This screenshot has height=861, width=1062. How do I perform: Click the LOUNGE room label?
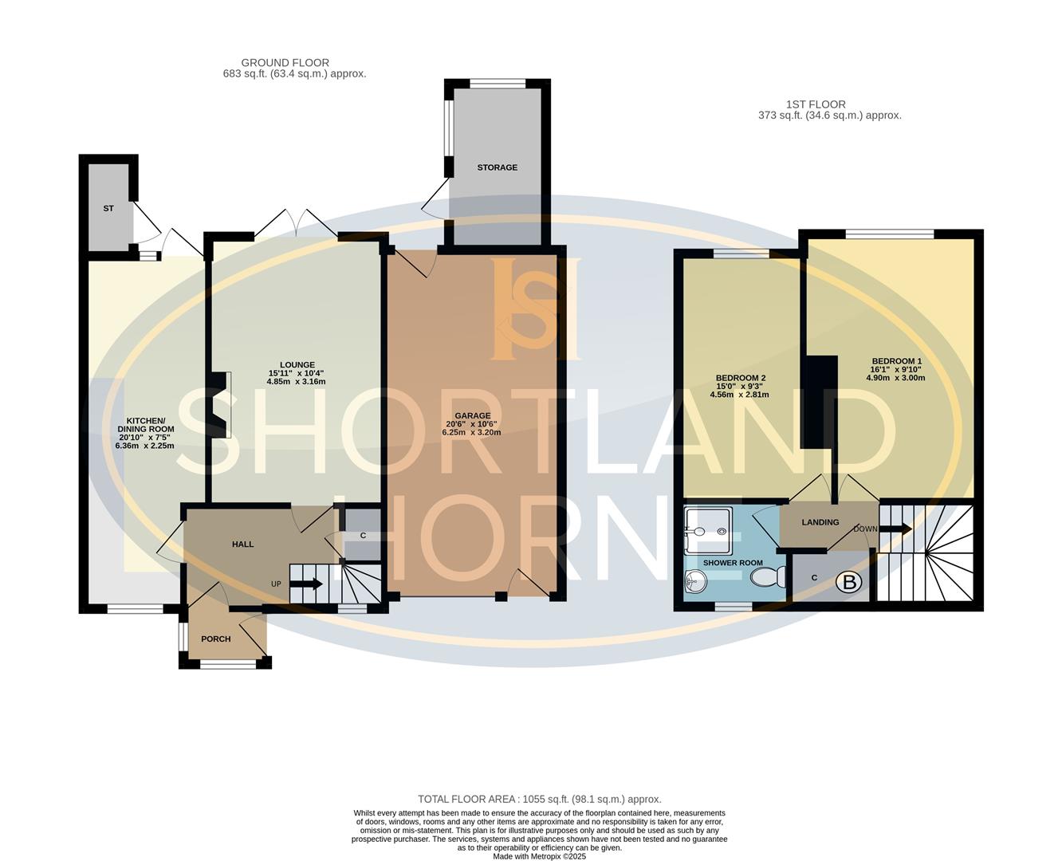click(296, 365)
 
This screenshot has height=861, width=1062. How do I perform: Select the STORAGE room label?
click(497, 167)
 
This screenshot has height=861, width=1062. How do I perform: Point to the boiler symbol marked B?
click(849, 584)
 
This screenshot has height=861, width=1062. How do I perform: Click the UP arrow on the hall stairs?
click(305, 584)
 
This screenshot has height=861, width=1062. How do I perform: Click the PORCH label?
click(215, 639)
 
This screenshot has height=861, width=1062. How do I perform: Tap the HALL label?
click(242, 545)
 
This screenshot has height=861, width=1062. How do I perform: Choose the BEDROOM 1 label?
click(896, 360)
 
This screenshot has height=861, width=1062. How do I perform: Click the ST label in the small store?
click(108, 208)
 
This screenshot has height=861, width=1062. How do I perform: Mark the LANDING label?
click(820, 523)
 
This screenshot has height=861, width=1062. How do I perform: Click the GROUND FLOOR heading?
click(285, 63)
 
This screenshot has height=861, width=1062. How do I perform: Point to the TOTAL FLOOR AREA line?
click(539, 799)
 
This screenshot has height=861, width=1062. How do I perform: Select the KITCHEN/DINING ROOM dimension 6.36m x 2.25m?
click(144, 446)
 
